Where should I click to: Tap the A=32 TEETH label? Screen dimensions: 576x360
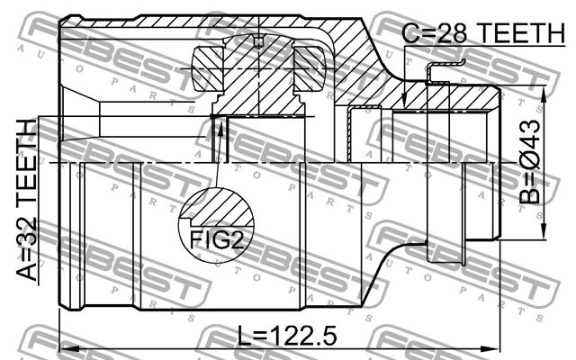[x=27, y=200]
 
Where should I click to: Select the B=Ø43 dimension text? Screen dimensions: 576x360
[x=530, y=162]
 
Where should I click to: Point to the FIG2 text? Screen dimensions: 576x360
[x=216, y=240]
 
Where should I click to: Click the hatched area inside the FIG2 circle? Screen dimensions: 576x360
[x=220, y=209]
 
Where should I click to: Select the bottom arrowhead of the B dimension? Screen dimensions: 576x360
[x=543, y=230]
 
